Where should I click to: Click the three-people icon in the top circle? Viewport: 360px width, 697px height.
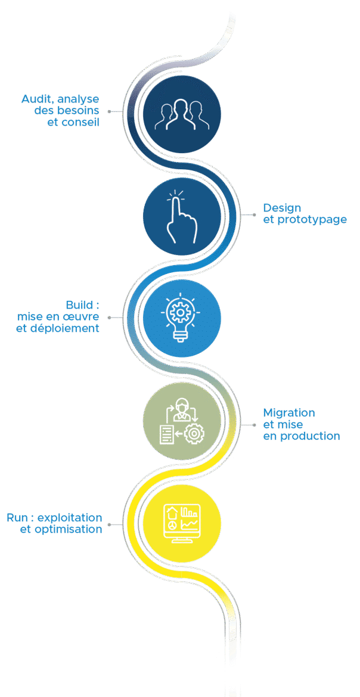pyautogui.click(x=182, y=114)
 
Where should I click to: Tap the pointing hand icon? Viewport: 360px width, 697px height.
pyautogui.click(x=181, y=217)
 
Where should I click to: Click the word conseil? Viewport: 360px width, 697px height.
pyautogui.click(x=80, y=122)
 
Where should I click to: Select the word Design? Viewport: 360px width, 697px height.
pyautogui.click(x=282, y=208)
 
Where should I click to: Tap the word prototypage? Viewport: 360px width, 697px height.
pyautogui.click(x=312, y=220)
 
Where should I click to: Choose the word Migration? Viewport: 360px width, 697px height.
pyautogui.click(x=289, y=412)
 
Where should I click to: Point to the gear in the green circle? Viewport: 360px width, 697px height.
pyautogui.click(x=194, y=433)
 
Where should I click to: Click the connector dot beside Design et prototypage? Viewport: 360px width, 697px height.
pyautogui.click(x=254, y=214)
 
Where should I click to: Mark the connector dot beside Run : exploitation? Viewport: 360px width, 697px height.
pyautogui.click(x=110, y=524)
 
